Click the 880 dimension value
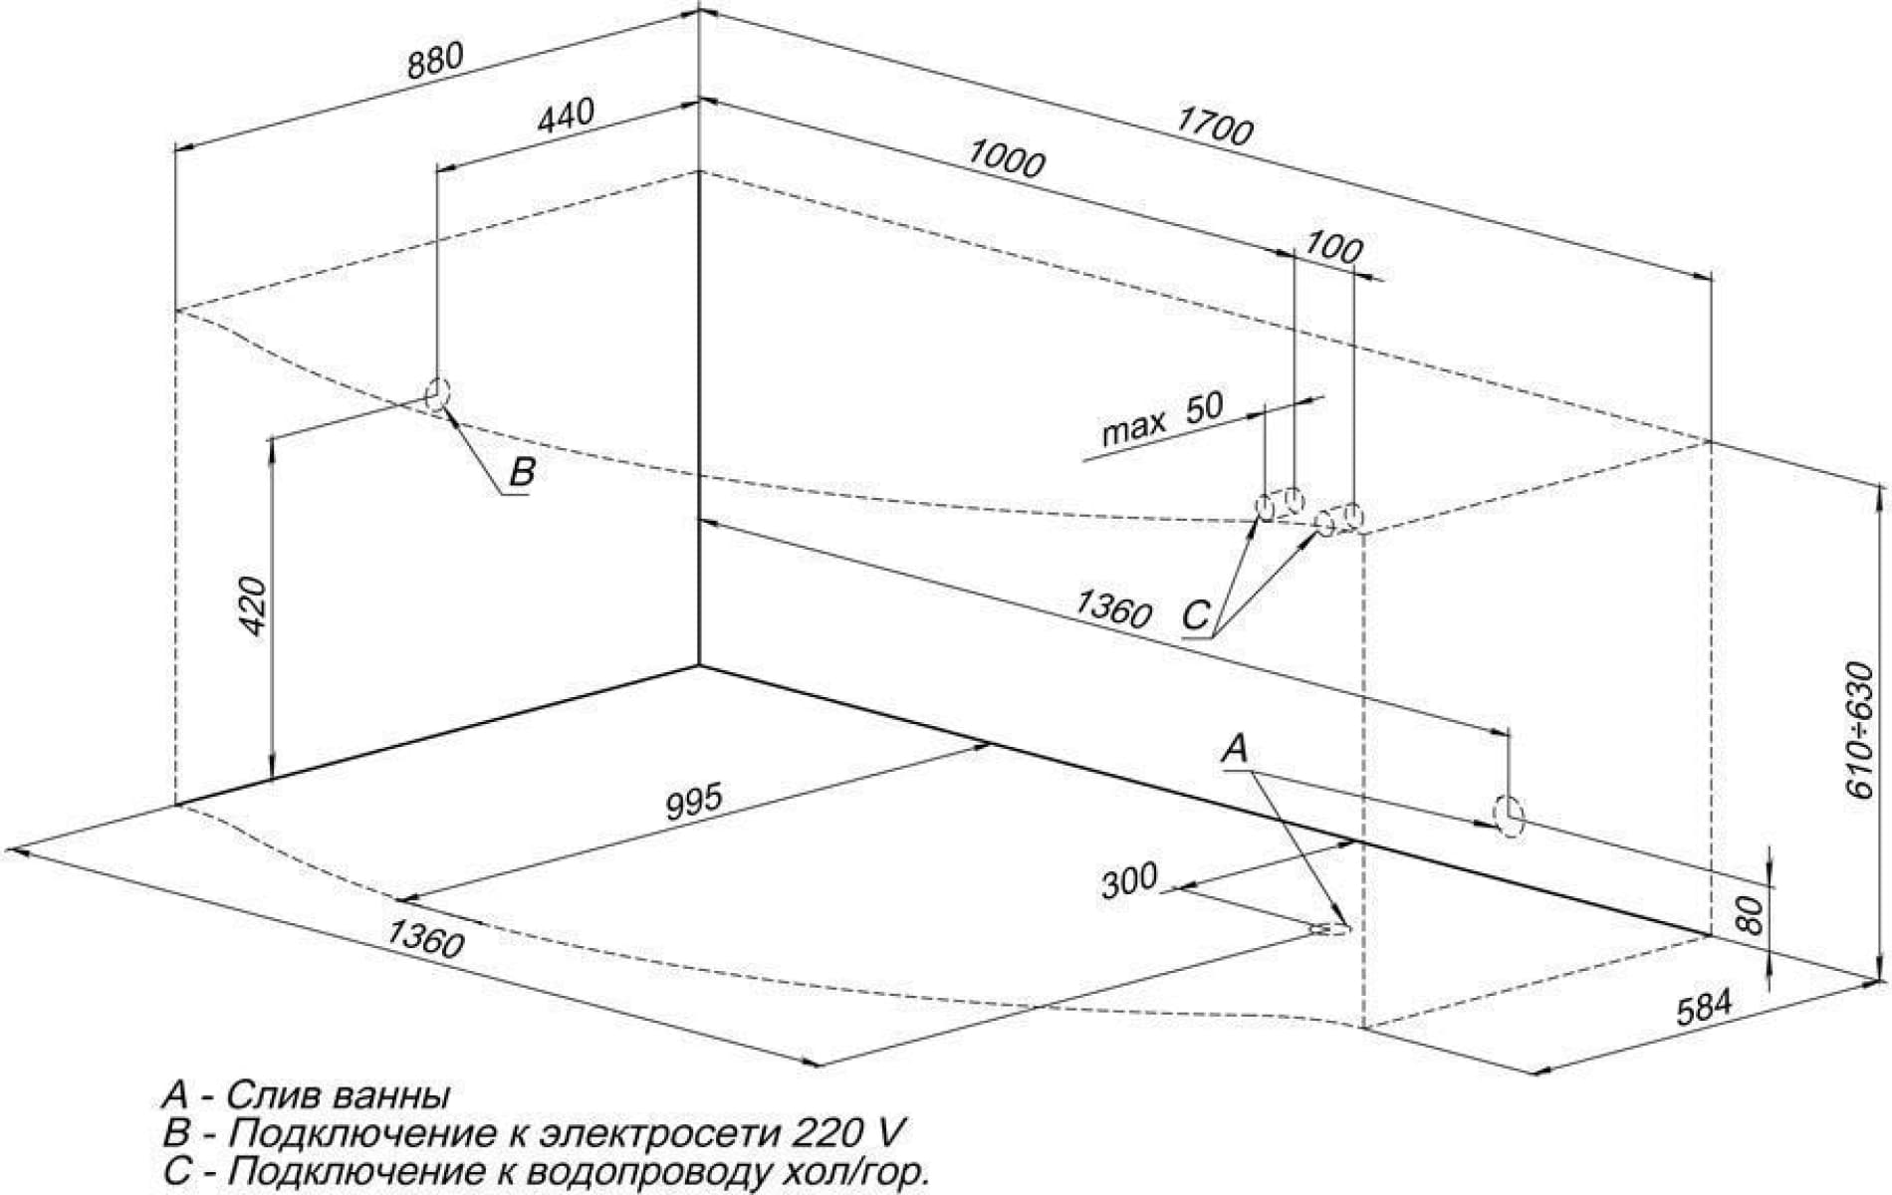(x=435, y=62)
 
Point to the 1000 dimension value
(x=1006, y=159)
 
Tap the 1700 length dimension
(x=1214, y=126)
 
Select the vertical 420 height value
(x=253, y=605)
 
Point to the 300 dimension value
(x=1129, y=880)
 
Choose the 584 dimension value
(x=1705, y=1008)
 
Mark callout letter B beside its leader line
(x=522, y=471)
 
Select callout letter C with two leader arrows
(x=1196, y=615)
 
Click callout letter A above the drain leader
(x=1235, y=749)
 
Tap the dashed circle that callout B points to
(x=438, y=393)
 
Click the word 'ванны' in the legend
(x=388, y=1095)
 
